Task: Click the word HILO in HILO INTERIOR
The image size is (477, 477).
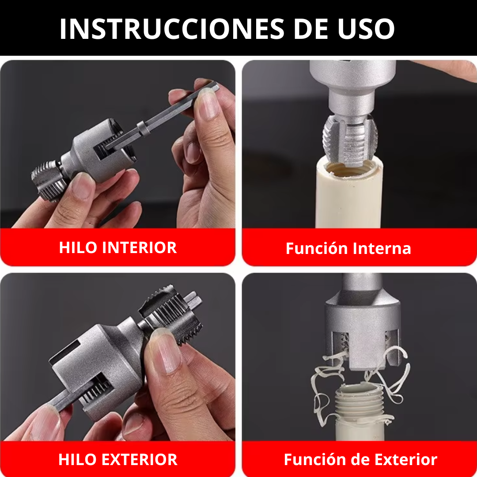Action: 78,247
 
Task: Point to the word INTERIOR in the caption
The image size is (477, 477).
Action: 140,247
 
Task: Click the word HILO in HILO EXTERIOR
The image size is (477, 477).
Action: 78,459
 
